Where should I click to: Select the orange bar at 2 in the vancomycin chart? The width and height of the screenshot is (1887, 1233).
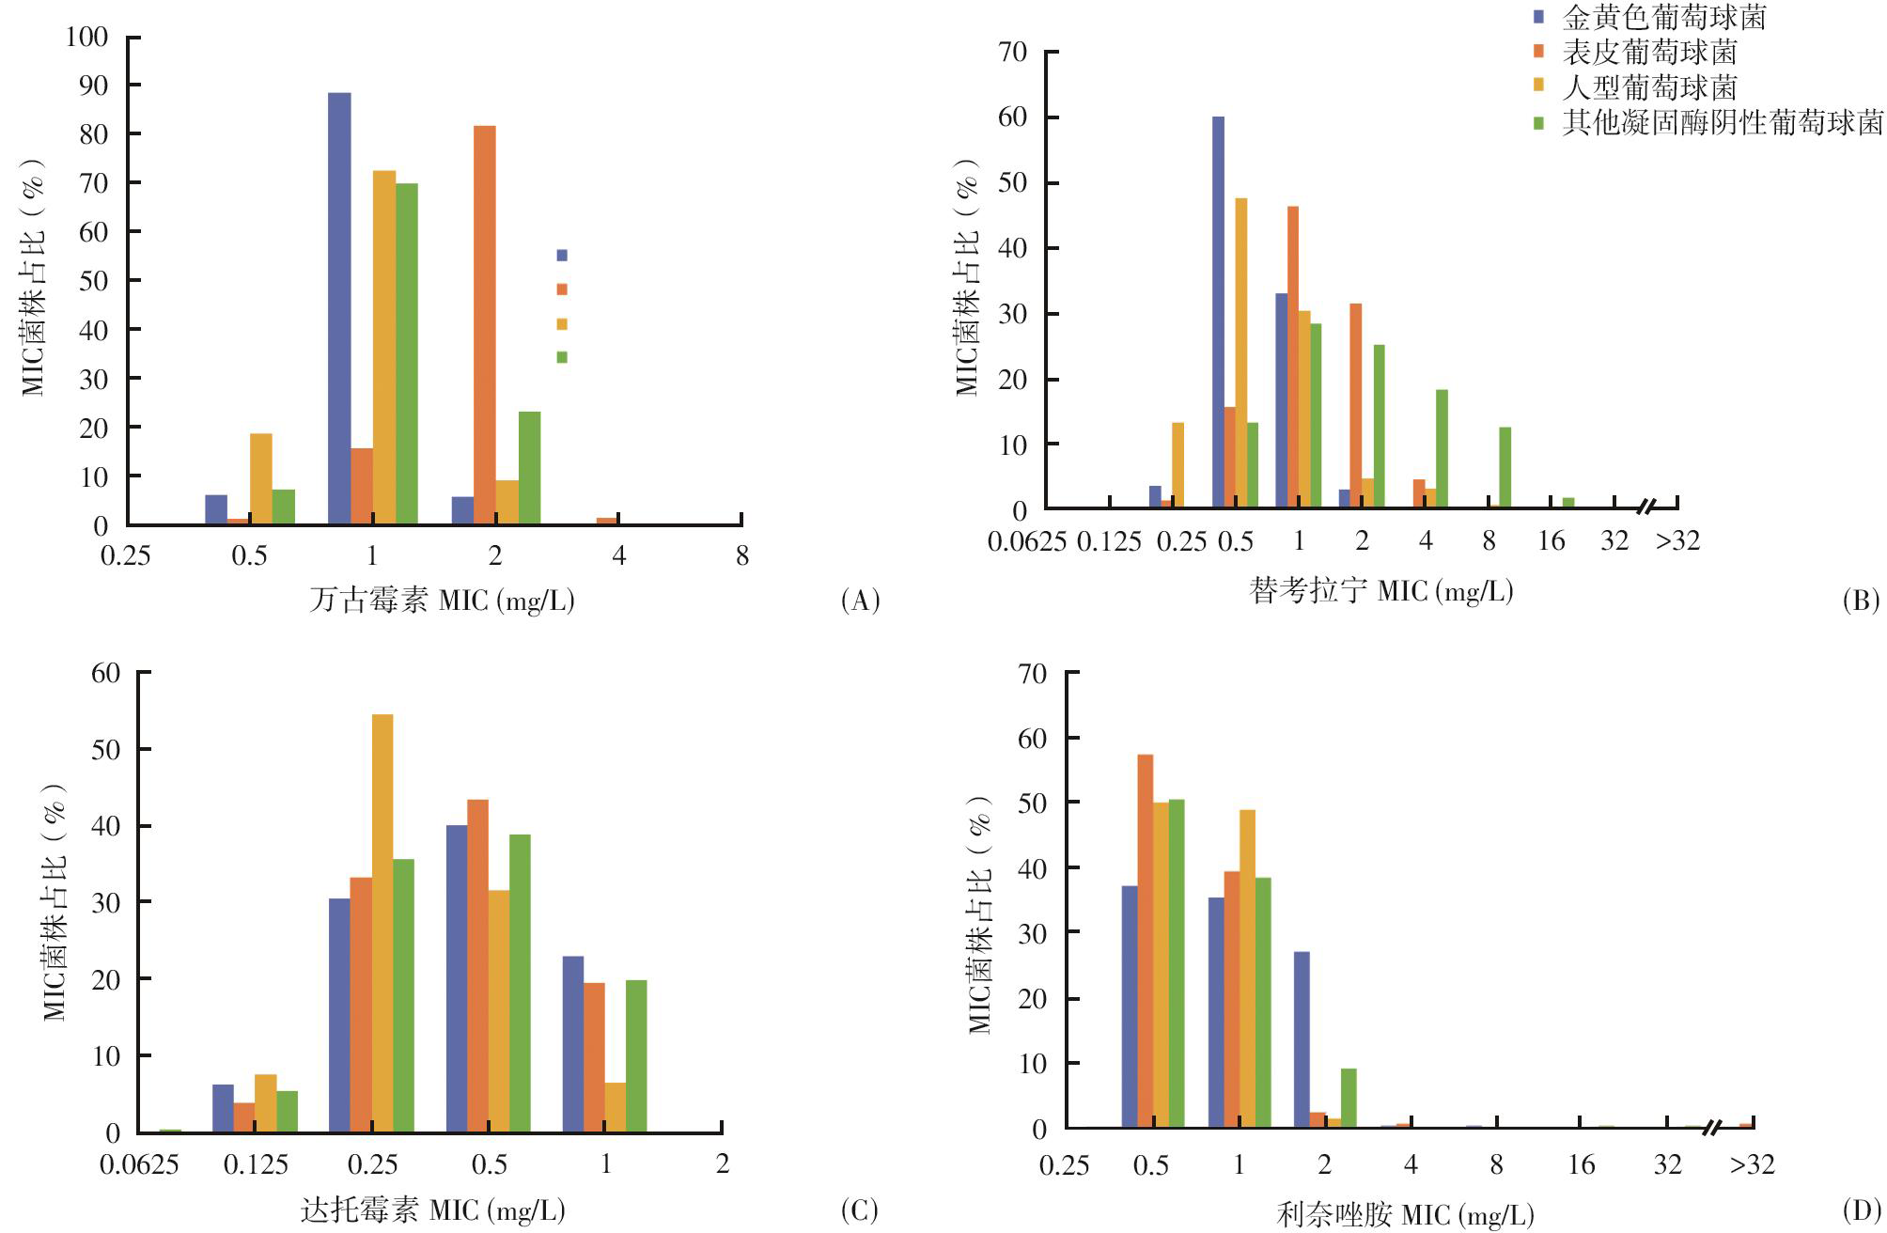tap(485, 324)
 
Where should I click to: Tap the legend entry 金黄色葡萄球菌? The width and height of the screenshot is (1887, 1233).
tap(1663, 16)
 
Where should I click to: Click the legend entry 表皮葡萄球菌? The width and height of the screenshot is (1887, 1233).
tap(1649, 51)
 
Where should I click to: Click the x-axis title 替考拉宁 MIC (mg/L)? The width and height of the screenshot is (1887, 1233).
tap(1381, 591)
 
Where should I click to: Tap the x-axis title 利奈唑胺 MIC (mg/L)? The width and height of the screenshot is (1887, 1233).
tap(1405, 1215)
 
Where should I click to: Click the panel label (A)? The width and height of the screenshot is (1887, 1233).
tap(860, 601)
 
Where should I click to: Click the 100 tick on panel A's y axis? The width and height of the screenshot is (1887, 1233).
tap(87, 37)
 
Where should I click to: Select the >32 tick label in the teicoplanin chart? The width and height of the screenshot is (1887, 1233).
tap(1677, 541)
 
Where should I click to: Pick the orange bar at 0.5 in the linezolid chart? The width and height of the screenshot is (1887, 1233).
tap(1146, 941)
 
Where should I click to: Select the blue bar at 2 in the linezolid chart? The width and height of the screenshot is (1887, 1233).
tap(1302, 1039)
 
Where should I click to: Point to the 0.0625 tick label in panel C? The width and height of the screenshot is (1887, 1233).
tap(139, 1165)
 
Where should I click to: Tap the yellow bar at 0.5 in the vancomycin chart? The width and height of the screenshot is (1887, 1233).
tap(261, 478)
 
